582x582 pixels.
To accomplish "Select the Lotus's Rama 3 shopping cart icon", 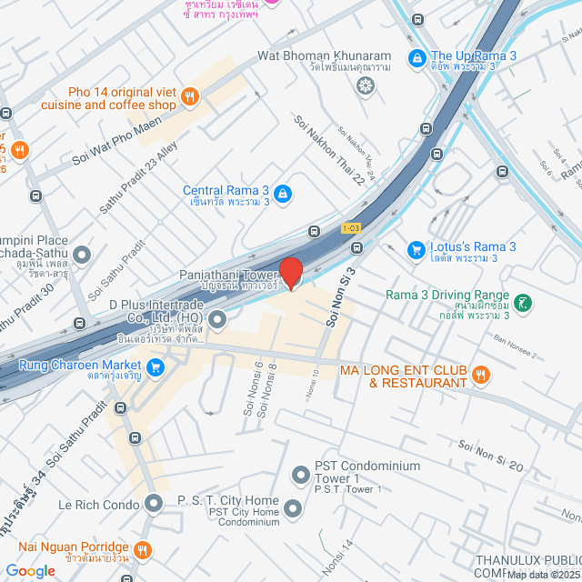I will [416, 247].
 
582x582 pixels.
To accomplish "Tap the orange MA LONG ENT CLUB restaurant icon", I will [482, 373].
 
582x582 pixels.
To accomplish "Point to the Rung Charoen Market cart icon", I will [156, 366].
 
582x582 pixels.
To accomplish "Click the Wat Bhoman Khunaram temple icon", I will [365, 86].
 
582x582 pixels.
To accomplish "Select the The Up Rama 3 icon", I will [416, 56].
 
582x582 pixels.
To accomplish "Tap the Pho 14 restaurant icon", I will [190, 95].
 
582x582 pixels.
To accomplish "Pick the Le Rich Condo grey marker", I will [154, 502].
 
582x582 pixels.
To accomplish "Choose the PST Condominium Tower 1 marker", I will [301, 474].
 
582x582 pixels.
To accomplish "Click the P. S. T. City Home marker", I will [292, 507].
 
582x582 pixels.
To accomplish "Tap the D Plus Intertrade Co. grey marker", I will [217, 319].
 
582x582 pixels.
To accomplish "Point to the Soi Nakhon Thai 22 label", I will [328, 149].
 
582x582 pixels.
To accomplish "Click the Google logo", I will [30, 570].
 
